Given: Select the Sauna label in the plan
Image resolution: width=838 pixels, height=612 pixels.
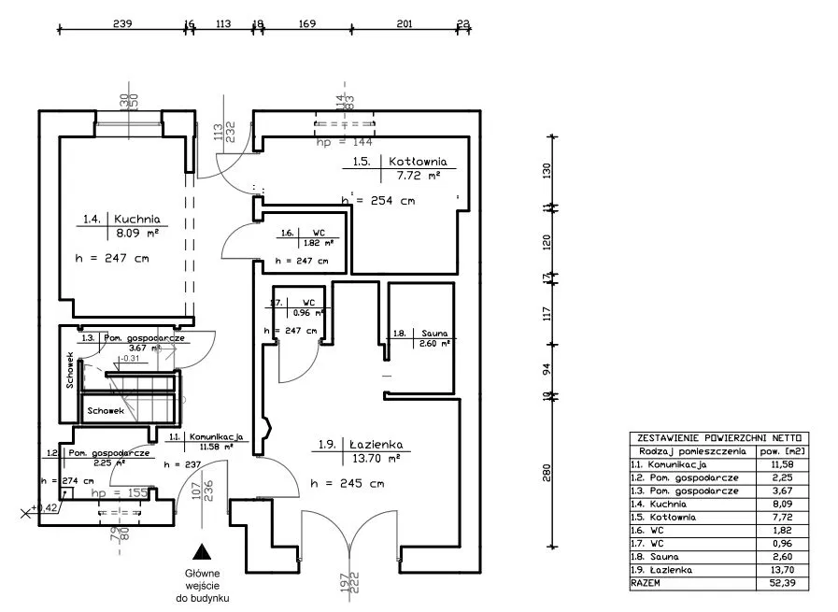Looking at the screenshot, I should [433, 333].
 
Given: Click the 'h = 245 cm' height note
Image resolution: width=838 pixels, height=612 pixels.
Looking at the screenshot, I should [346, 484].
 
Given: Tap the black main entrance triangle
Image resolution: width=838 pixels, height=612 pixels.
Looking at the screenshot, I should [198, 552].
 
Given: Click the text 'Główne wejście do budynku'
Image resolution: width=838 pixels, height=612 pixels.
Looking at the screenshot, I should [202, 587].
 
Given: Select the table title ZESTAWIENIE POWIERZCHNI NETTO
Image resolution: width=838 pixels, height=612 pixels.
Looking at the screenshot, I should [718, 437].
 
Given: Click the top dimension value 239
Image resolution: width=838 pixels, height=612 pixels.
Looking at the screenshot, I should [121, 25].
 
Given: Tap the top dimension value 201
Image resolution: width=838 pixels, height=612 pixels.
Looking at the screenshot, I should [405, 25].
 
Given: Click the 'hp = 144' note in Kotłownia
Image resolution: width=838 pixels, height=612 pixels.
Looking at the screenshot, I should [345, 143].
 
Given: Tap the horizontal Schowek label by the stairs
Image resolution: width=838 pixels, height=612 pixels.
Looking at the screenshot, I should [106, 410].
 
